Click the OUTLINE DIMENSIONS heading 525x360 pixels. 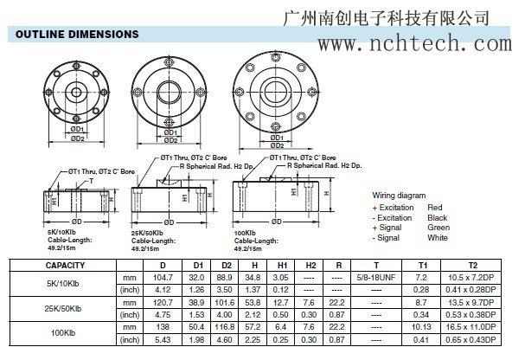[74, 34]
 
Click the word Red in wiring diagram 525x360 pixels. [435, 208]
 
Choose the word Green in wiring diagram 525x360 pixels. [439, 228]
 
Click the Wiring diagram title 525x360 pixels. [400, 196]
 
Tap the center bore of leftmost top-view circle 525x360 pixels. [77, 91]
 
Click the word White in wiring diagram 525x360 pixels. [438, 237]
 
